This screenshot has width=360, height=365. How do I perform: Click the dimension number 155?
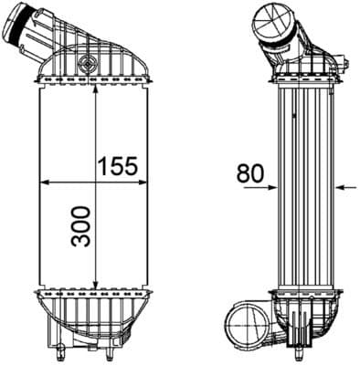point(117,166)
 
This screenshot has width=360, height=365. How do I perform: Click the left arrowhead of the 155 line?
point(42,182)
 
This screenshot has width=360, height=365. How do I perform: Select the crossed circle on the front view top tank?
point(88,65)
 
